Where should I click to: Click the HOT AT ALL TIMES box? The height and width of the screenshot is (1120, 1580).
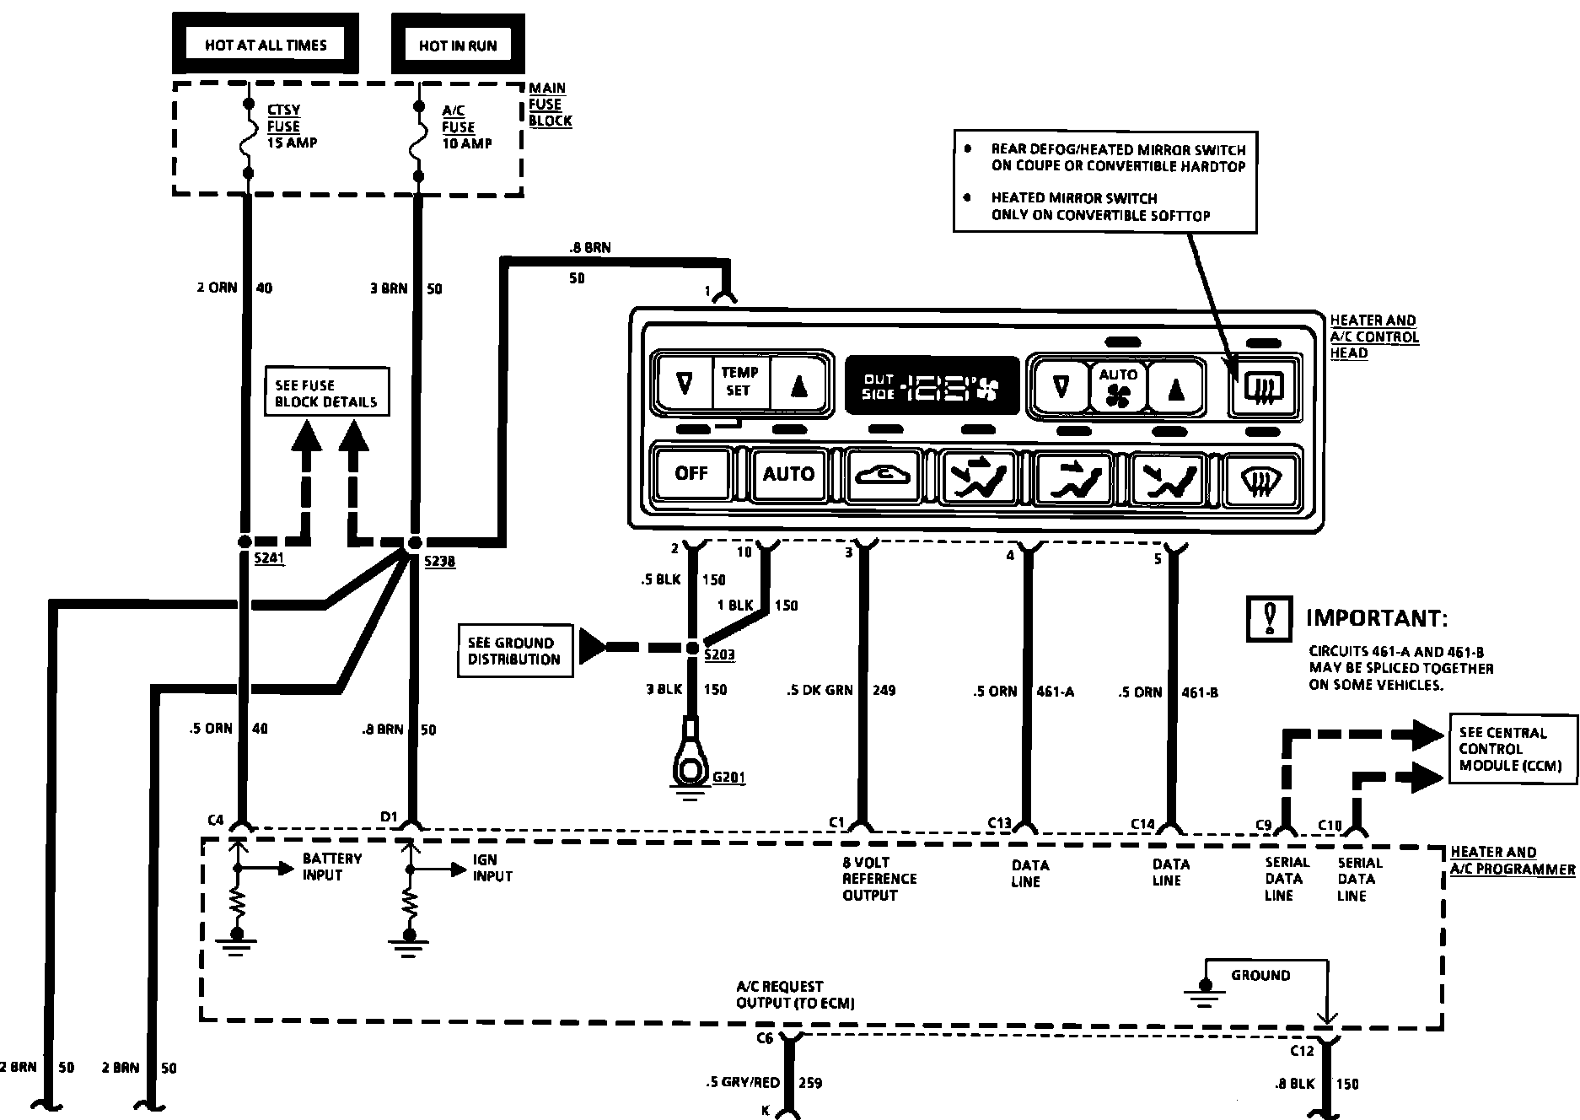click(266, 45)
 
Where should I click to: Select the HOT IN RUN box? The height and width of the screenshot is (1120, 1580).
click(458, 45)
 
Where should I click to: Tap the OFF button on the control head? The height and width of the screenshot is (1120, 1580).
click(691, 473)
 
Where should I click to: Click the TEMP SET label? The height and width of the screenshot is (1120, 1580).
click(739, 381)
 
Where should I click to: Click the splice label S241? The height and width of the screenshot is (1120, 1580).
click(269, 558)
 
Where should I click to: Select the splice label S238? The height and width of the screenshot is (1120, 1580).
click(439, 562)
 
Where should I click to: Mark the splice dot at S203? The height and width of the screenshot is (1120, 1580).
click(691, 648)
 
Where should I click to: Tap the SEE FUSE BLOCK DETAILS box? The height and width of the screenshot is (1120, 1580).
click(327, 392)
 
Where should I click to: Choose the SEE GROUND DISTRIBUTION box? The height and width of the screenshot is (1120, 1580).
click(514, 650)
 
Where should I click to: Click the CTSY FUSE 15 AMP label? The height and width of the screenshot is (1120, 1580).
click(292, 127)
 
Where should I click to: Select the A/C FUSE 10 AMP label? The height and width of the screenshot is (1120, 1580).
click(467, 127)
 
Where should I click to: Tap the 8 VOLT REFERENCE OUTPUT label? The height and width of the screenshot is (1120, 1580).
click(879, 878)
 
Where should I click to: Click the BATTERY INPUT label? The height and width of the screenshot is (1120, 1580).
click(332, 867)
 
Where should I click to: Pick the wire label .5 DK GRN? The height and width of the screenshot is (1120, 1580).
click(819, 691)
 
